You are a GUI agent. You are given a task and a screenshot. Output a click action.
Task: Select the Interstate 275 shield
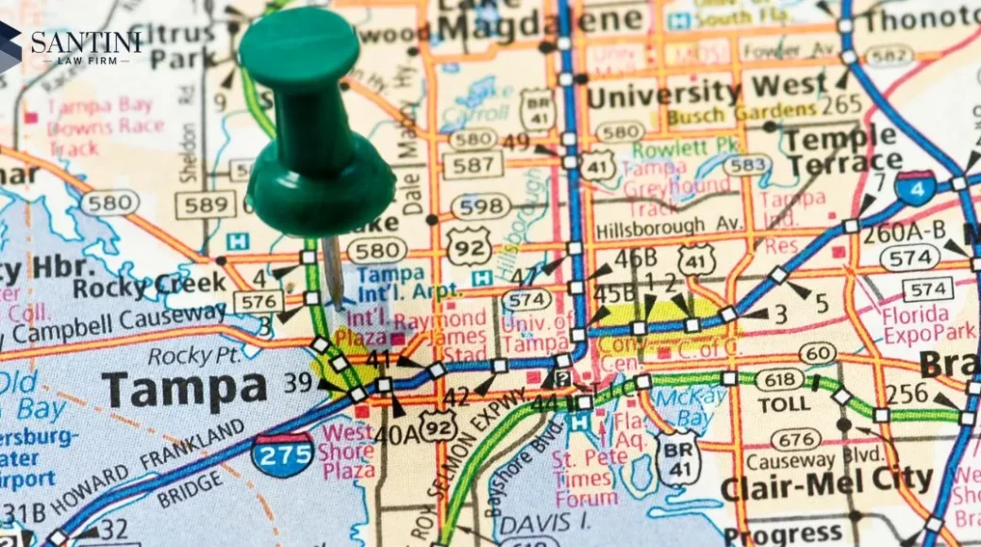283,454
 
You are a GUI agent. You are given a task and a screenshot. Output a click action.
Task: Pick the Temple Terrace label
844,151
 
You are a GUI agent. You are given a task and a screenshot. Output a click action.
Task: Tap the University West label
707,91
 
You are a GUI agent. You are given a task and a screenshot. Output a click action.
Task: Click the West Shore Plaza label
348,449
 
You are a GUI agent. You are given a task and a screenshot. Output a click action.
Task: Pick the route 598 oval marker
480,206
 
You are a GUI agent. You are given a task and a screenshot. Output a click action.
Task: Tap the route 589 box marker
206,204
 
